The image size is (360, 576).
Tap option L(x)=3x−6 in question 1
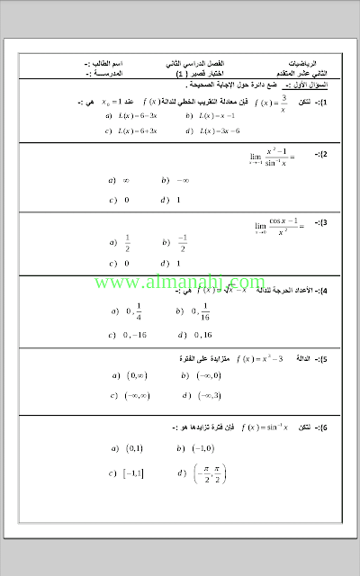coord(217,130)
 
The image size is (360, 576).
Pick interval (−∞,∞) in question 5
coord(137,395)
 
